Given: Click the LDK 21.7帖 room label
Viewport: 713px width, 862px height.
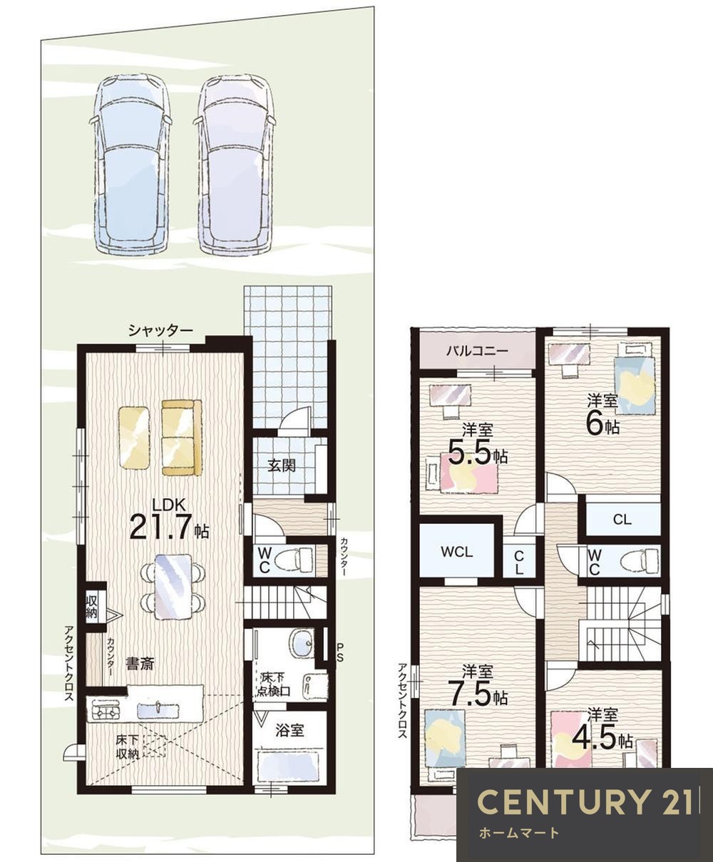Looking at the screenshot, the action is click(169, 520).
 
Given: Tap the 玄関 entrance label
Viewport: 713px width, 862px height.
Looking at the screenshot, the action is click(282, 466).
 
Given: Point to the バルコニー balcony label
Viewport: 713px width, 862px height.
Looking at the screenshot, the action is click(477, 352).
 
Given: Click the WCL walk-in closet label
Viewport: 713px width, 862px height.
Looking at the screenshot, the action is click(456, 552).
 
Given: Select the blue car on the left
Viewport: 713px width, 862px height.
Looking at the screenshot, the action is click(130, 163).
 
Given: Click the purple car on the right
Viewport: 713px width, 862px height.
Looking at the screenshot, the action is click(236, 163).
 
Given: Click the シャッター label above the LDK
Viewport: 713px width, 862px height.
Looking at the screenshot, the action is click(160, 331).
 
